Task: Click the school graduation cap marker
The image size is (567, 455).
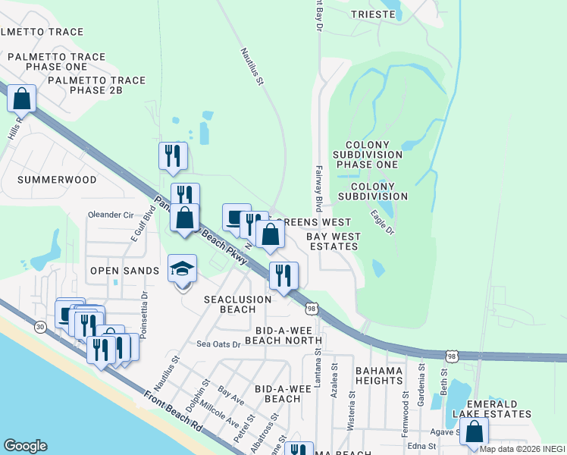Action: pyautogui.click(x=182, y=269)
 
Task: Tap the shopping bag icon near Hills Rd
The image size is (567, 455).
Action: pyautogui.click(x=22, y=99)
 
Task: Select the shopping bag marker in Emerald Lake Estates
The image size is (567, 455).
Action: pyautogui.click(x=475, y=432)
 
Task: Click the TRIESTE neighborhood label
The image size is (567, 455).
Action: pyautogui.click(x=374, y=14)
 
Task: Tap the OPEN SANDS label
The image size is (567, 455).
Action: pyautogui.click(x=124, y=271)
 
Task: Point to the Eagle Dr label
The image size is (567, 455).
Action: pyautogui.click(x=382, y=221)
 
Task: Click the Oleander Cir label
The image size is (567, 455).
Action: pyautogui.click(x=111, y=215)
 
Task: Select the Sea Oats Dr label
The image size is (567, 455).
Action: pyautogui.click(x=218, y=344)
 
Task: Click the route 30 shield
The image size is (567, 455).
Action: pyautogui.click(x=40, y=326)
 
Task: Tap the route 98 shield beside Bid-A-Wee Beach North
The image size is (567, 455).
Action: pyautogui.click(x=311, y=308)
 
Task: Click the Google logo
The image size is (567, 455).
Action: pyautogui.click(x=25, y=446)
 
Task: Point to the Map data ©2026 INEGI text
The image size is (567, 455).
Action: pyautogui.click(x=522, y=449)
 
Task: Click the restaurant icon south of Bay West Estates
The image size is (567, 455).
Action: pyautogui.click(x=283, y=275)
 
